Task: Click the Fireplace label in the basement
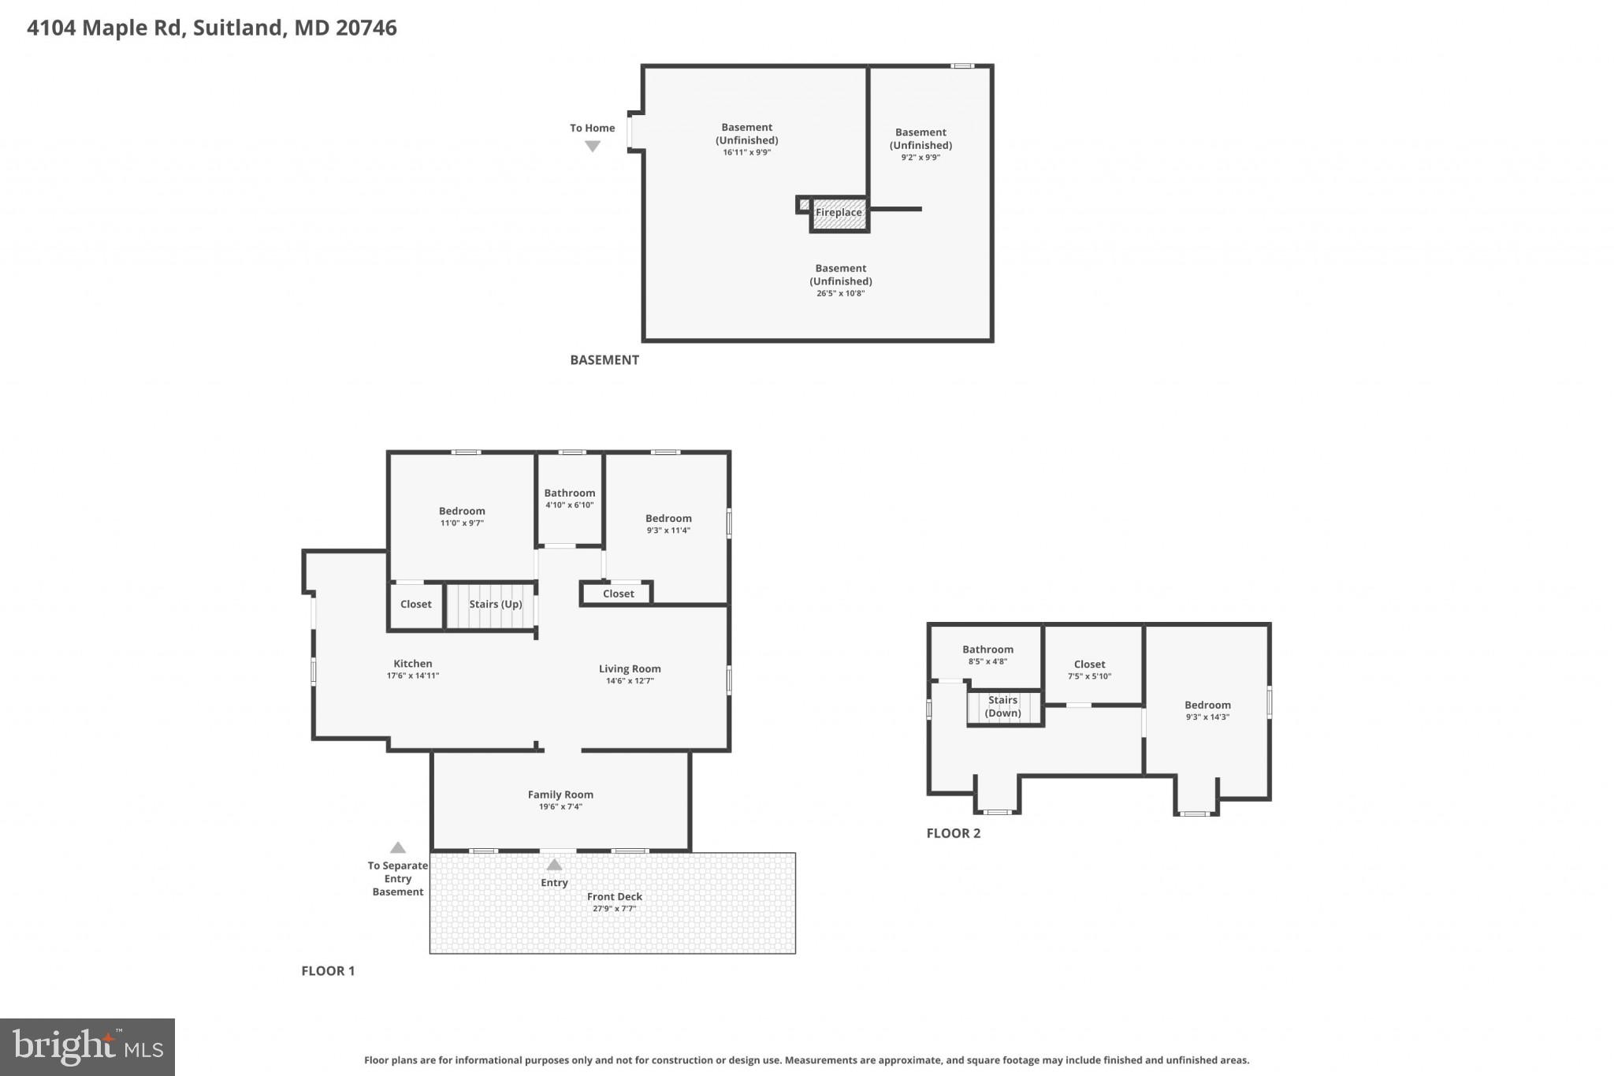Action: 839,213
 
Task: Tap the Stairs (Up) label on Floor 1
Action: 495,605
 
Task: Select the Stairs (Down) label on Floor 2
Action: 1002,706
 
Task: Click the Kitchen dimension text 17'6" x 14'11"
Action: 412,676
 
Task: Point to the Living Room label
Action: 630,669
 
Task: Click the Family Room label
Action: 560,795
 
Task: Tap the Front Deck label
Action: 614,896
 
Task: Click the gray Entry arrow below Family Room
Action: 555,865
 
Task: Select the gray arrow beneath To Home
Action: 593,147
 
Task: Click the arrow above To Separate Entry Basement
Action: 398,847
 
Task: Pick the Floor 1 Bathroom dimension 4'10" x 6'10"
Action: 569,505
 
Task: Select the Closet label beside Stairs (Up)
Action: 415,605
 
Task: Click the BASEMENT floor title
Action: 604,360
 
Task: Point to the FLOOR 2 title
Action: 953,833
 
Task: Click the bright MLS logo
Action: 87,1047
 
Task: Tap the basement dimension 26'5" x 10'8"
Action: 840,293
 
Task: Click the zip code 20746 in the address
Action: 366,28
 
